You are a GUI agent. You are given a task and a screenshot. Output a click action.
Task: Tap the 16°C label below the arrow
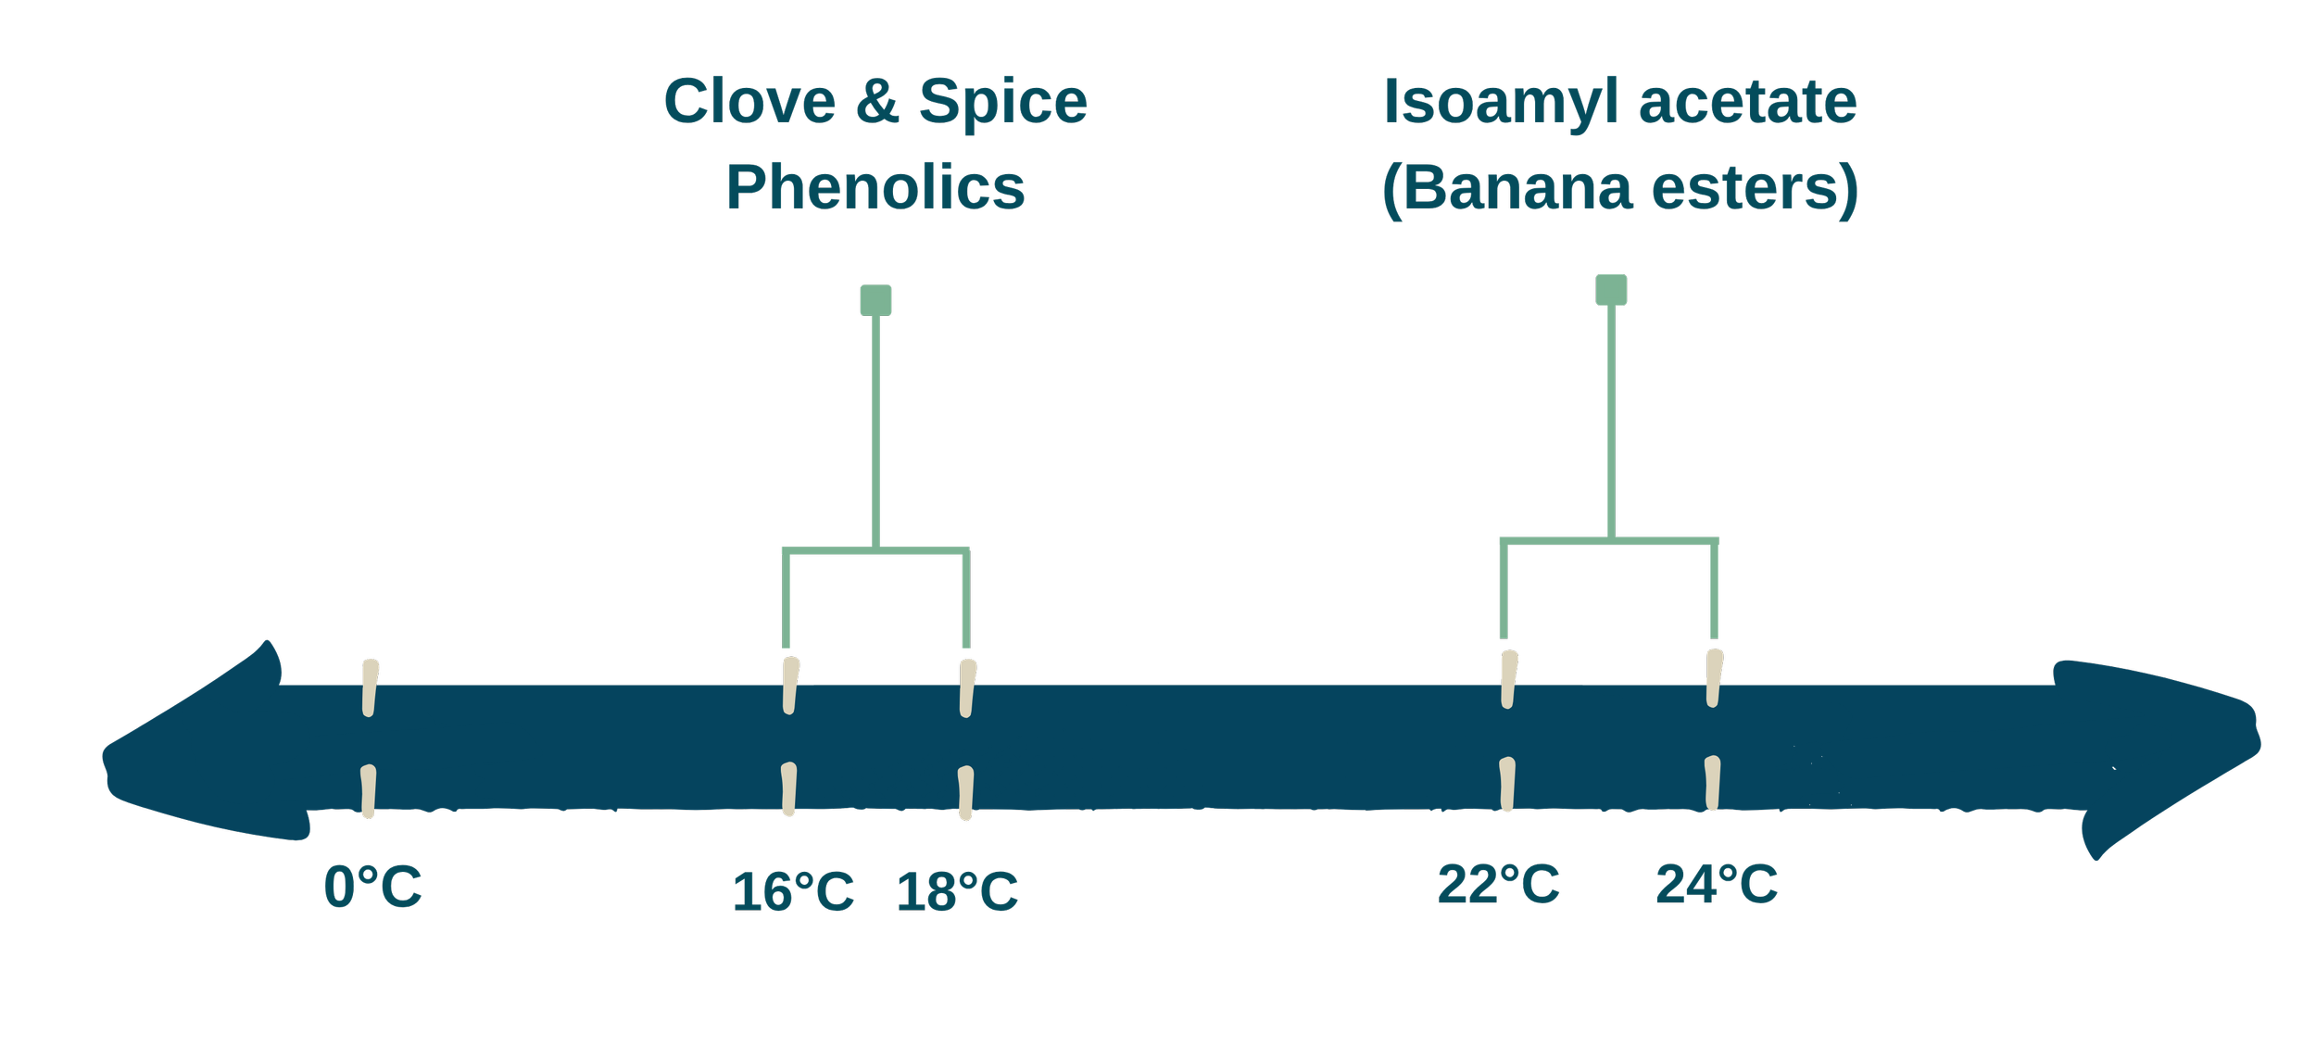pyautogui.click(x=793, y=891)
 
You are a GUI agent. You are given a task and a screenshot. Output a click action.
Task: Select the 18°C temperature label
pyautogui.click(x=958, y=892)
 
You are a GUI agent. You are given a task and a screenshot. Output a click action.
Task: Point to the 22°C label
pyautogui.click(x=1498, y=884)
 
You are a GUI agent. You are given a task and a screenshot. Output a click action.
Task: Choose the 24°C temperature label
pyautogui.click(x=1717, y=884)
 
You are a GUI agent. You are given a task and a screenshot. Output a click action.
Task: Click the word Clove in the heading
pyautogui.click(x=749, y=102)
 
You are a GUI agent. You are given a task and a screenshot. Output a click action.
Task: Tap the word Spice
pyautogui.click(x=1002, y=102)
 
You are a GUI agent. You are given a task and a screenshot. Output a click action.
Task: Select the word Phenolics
pyautogui.click(x=875, y=188)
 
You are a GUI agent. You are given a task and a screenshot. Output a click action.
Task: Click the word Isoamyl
pyautogui.click(x=1502, y=104)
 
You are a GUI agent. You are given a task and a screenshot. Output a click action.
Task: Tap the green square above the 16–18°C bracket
pyautogui.click(x=875, y=300)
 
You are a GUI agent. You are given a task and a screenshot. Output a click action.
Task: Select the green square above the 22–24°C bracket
pyautogui.click(x=1611, y=290)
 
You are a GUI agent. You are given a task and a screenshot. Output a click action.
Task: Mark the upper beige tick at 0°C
pyautogui.click(x=371, y=687)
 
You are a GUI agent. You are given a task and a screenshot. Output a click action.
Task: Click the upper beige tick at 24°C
pyautogui.click(x=1714, y=678)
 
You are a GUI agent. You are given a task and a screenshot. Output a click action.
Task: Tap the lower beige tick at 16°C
pyautogui.click(x=788, y=789)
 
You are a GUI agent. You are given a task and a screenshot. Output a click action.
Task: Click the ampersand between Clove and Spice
pyautogui.click(x=876, y=102)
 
